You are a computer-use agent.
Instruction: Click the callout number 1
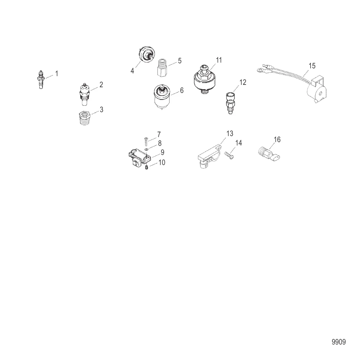(x=57, y=73)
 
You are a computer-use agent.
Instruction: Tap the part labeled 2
(x=84, y=95)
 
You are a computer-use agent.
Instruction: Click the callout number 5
(x=180, y=61)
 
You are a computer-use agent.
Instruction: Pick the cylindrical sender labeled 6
(x=162, y=97)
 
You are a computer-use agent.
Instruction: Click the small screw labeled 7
(x=146, y=141)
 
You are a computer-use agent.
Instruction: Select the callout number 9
(x=163, y=152)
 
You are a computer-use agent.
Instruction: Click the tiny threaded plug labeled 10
(x=146, y=167)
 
